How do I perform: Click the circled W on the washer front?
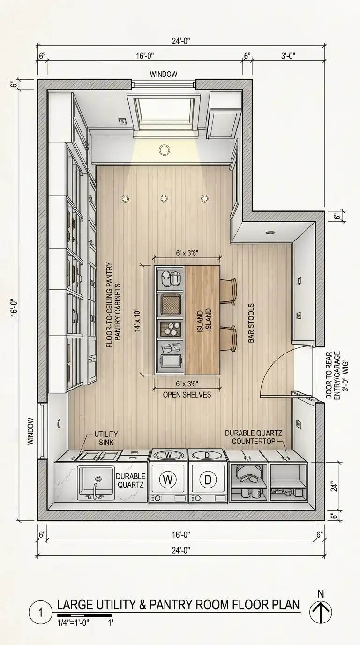point(168,480)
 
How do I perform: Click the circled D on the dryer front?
point(208,480)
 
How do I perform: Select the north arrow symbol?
point(321,612)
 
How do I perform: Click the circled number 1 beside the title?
point(40,613)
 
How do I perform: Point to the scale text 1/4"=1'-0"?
point(73,623)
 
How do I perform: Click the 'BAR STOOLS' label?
point(251,323)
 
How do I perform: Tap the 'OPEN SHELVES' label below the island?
point(187,395)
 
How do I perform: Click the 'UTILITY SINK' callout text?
point(106,438)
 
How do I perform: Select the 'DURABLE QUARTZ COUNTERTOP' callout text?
point(254,437)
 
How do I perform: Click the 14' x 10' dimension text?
point(138,321)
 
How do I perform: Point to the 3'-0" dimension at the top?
point(288,56)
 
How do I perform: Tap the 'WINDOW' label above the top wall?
point(164,74)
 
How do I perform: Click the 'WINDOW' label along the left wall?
point(30,431)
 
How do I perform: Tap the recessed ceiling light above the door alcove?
point(270,232)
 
